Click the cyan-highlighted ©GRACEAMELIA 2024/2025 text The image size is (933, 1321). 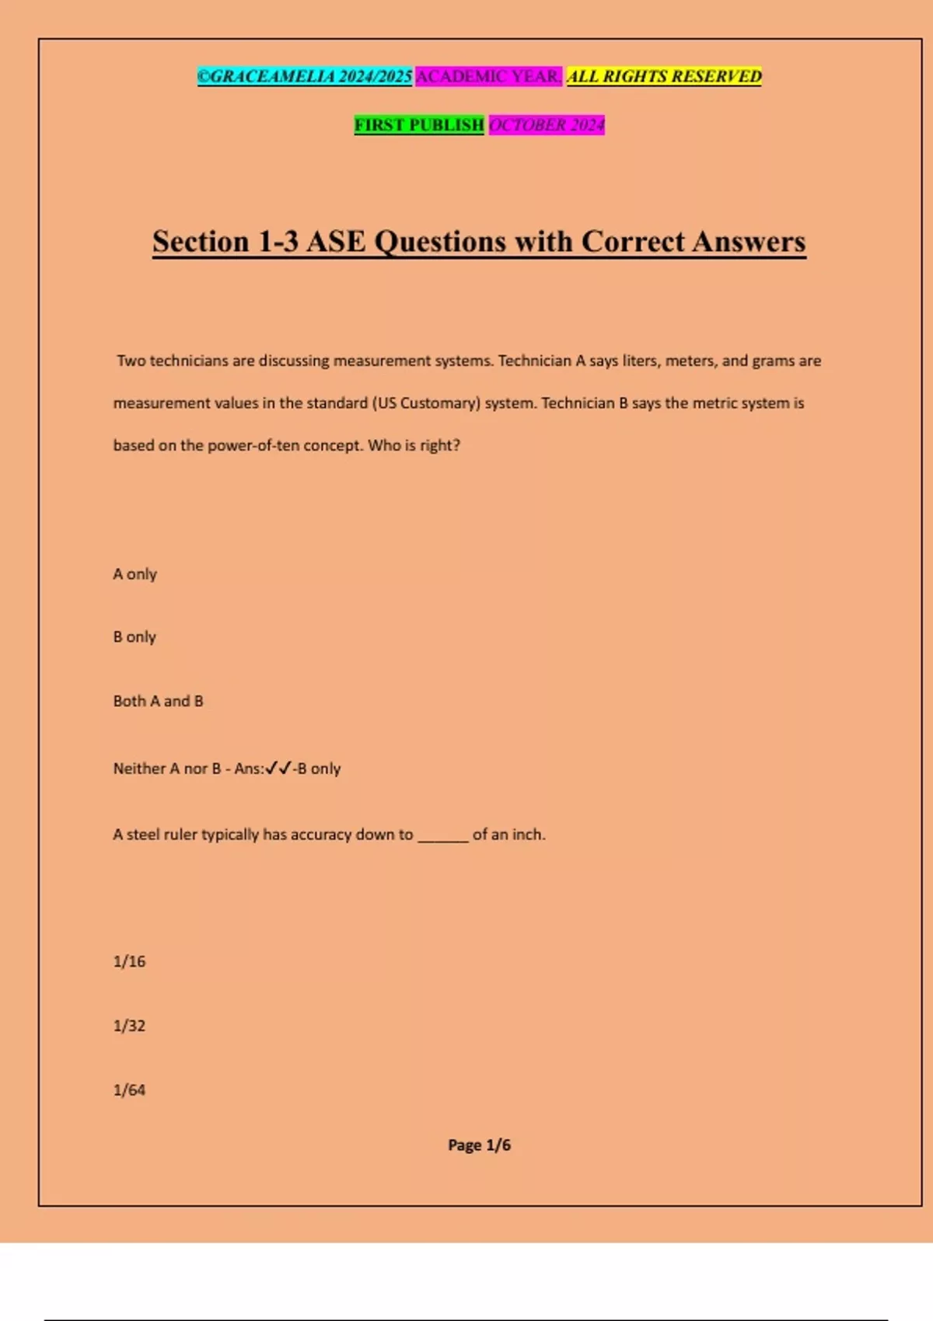(x=304, y=76)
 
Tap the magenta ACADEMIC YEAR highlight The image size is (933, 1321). (x=488, y=76)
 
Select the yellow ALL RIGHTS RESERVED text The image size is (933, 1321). (x=664, y=76)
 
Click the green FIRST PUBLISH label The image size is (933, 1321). (x=419, y=124)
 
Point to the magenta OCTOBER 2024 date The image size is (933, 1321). (x=547, y=124)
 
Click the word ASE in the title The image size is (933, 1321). (x=336, y=242)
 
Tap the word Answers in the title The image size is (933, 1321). (x=749, y=242)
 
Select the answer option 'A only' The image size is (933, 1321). (x=135, y=574)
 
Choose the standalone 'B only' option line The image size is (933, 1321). (x=135, y=637)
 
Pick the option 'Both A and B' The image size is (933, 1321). (x=159, y=701)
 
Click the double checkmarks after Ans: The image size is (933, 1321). (x=278, y=769)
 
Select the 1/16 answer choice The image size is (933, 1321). (x=130, y=962)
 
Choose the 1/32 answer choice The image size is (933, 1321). (x=130, y=1026)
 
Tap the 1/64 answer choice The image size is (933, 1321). (x=130, y=1090)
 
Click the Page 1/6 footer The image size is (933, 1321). (x=479, y=1145)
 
